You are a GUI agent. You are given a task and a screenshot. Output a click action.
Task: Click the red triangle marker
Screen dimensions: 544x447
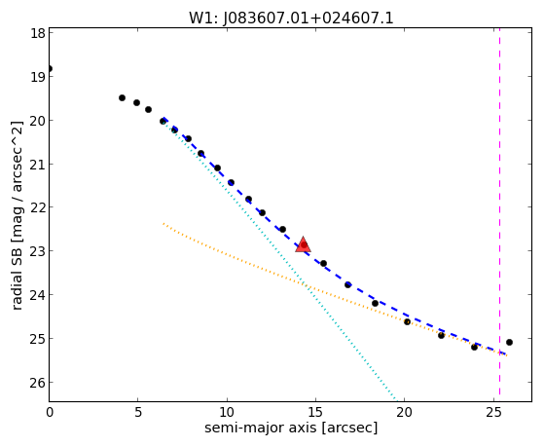click(x=303, y=244)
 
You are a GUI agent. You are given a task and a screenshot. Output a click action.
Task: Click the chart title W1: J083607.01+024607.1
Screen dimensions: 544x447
click(x=291, y=19)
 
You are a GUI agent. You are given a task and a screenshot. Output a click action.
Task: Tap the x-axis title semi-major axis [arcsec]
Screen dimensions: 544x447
click(x=291, y=428)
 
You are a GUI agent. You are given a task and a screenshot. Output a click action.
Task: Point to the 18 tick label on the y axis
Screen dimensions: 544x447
click(x=38, y=33)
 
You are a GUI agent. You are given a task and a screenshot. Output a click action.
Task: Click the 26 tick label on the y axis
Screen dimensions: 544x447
click(x=38, y=383)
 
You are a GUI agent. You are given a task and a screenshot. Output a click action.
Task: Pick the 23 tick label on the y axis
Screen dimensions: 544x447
click(x=38, y=251)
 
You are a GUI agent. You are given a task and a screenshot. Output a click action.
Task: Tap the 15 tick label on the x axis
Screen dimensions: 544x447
click(x=315, y=412)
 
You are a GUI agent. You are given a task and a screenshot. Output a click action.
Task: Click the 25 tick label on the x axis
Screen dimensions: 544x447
click(x=493, y=412)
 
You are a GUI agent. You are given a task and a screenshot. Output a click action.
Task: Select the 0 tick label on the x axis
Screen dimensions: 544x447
click(x=50, y=412)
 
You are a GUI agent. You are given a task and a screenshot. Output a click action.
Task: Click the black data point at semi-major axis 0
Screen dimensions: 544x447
click(x=50, y=68)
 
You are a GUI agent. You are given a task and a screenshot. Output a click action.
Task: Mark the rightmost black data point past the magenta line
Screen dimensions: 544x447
click(x=509, y=342)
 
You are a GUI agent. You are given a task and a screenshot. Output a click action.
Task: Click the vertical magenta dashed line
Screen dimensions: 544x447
click(x=499, y=212)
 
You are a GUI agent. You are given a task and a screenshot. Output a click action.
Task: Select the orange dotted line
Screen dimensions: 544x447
click(x=335, y=289)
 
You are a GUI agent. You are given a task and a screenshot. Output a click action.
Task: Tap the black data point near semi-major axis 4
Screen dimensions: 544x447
click(x=122, y=98)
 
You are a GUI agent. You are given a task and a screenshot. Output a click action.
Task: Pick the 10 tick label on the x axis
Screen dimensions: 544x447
click(x=227, y=412)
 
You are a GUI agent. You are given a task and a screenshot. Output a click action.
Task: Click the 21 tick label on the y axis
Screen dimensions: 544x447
click(x=38, y=164)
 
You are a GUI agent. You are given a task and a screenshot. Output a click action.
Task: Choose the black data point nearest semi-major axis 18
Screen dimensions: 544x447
click(x=375, y=303)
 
